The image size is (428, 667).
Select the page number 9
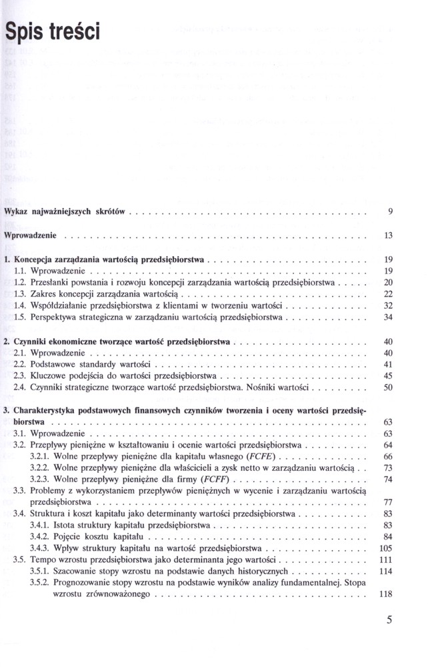click(389, 212)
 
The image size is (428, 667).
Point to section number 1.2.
click(19, 283)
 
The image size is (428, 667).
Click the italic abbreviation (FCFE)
click(263, 457)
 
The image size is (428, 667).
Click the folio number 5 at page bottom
click(389, 620)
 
